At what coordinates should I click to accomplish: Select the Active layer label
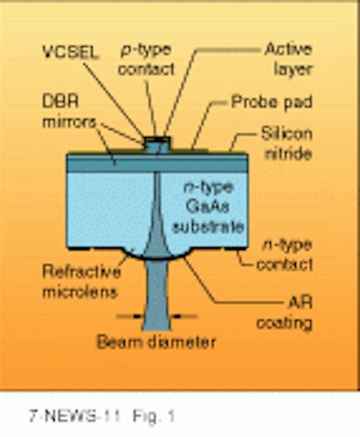tap(286, 60)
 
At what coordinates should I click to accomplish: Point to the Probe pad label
tap(271, 101)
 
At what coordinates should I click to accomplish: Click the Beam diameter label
tap(156, 342)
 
